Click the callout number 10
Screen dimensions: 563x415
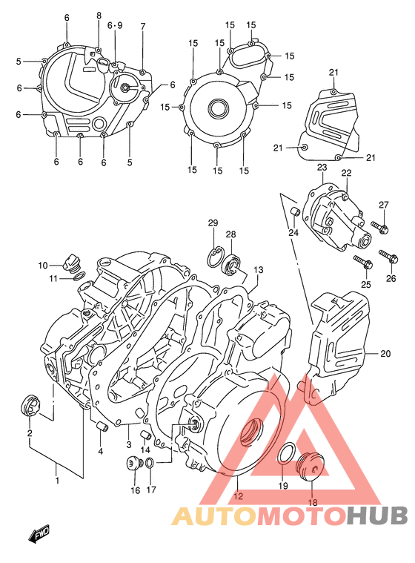43,265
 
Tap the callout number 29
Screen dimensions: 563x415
213,223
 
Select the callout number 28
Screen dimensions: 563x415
230,234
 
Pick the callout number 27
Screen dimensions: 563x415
383,205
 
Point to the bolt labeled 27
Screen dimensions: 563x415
379,227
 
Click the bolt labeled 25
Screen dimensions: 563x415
362,261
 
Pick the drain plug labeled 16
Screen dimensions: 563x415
134,465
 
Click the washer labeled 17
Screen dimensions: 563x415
150,464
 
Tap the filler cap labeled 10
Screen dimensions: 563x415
72,262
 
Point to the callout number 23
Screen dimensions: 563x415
322,168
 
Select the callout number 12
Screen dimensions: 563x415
238,497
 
